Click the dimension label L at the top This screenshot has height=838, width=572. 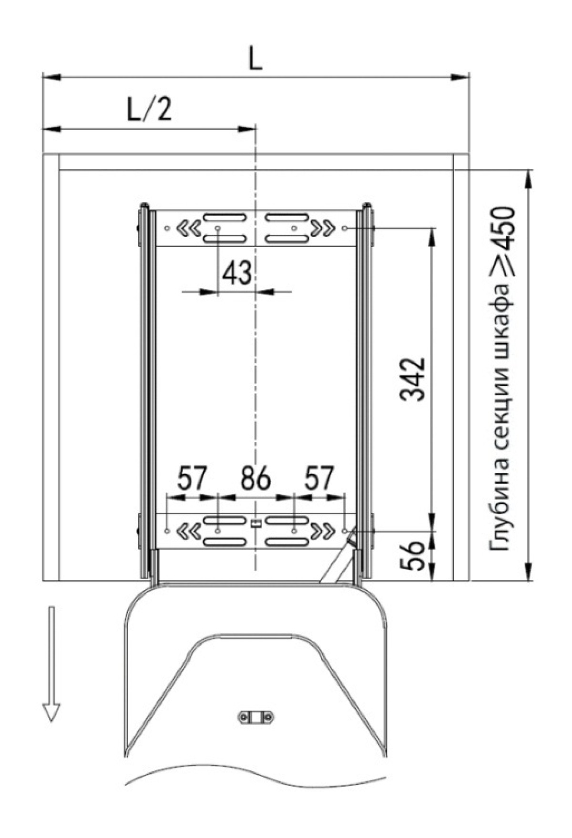256,60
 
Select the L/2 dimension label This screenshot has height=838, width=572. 149,110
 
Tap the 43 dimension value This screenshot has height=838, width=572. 237,274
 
